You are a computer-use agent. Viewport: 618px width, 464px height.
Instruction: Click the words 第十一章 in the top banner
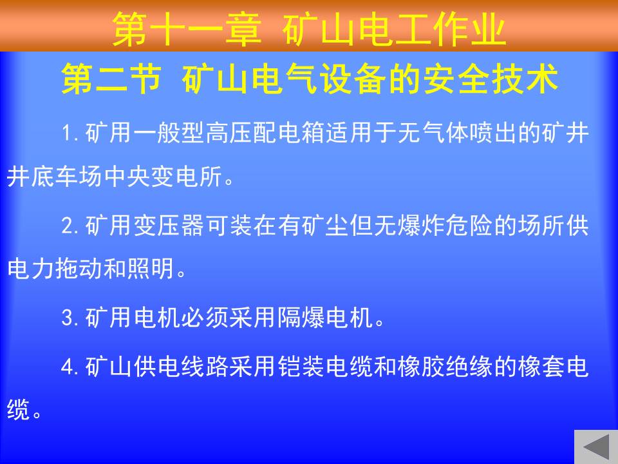187,29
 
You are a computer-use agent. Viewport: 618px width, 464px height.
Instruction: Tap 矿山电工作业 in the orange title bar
394,29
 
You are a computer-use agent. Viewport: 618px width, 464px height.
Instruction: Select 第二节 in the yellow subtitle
111,78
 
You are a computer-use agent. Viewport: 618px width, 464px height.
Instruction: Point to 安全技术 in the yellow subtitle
491,78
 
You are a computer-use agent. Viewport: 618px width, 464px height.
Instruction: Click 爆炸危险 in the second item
445,226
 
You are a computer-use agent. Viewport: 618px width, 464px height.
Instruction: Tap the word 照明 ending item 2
151,269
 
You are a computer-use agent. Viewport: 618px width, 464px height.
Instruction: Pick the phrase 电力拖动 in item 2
55,269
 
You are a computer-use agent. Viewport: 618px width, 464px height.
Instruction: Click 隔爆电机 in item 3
325,317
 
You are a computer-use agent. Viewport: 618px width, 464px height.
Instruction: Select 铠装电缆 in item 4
325,367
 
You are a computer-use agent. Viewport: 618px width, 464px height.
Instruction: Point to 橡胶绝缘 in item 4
445,367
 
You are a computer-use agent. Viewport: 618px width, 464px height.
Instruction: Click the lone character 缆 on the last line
19,410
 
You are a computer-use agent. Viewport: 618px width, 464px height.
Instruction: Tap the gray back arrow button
596,447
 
